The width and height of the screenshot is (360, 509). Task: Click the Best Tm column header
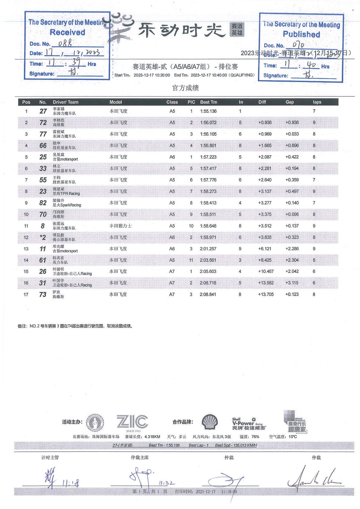tap(208, 102)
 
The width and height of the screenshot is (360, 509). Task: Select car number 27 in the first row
tap(43, 111)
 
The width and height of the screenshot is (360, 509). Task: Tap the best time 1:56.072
tap(208, 123)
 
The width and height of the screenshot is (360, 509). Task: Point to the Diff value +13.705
tap(266, 294)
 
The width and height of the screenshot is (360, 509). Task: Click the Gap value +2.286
tap(292, 248)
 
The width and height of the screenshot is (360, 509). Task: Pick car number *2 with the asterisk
tap(43, 237)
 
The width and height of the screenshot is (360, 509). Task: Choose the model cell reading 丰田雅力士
tap(120, 226)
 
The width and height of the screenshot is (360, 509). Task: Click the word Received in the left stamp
tap(67, 32)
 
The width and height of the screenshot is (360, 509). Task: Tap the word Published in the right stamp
tap(301, 34)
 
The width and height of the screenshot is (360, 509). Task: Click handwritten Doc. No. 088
tap(65, 43)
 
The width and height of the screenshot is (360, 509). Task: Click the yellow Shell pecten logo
tap(210, 422)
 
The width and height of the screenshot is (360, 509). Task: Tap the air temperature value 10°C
tap(293, 437)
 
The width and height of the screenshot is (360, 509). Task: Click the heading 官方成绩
tap(185, 88)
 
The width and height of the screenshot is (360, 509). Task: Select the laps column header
tap(317, 102)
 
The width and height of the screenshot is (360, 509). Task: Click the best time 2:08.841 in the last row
tap(208, 294)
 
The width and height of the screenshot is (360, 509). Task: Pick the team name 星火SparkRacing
tap(67, 205)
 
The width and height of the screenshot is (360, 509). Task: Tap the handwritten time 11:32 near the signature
tap(167, 483)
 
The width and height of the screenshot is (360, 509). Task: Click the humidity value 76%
tap(255, 437)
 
